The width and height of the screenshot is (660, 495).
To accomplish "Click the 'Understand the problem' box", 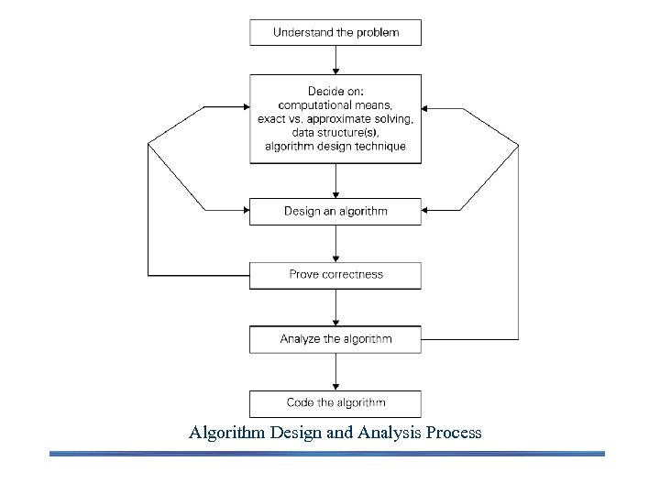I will (x=335, y=32).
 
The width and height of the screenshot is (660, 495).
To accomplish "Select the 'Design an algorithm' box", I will (x=335, y=211).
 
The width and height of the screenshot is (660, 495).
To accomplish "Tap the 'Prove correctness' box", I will (x=335, y=274).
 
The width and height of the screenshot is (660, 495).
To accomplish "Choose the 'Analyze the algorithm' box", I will (x=335, y=339).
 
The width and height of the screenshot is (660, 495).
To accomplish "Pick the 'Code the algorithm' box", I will (x=335, y=402).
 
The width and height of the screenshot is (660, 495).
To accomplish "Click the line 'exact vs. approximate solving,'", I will (x=335, y=120).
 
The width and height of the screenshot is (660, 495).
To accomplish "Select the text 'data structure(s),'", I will (x=335, y=133).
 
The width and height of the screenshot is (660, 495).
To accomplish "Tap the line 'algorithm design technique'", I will (x=335, y=147).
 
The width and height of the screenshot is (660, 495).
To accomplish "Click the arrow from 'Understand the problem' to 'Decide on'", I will (x=336, y=60).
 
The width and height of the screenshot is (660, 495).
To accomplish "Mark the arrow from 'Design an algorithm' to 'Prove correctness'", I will (x=336, y=243).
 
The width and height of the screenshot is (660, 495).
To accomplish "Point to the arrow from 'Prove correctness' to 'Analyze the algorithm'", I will (x=336, y=306).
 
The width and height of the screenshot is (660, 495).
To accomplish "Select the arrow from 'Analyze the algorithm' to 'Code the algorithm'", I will (x=336, y=371).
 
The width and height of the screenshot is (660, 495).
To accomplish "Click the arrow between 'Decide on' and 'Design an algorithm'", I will (x=336, y=181).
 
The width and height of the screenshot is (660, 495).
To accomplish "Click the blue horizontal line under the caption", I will (x=326, y=453).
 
